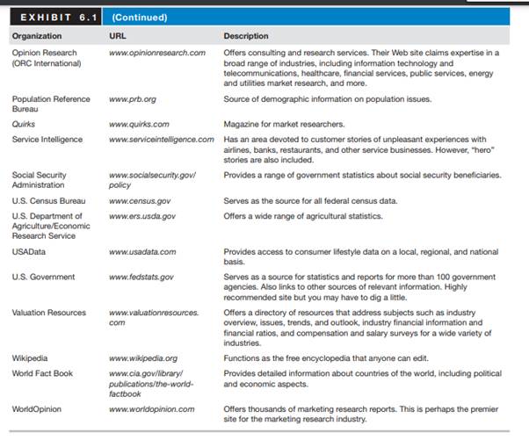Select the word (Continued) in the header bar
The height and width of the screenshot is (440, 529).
pyautogui.click(x=141, y=17)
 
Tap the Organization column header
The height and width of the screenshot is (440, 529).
pyautogui.click(x=37, y=36)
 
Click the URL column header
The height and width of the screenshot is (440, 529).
pyautogui.click(x=118, y=36)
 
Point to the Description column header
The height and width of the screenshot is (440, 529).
pyautogui.click(x=247, y=36)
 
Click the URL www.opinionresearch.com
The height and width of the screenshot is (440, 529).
pyautogui.click(x=156, y=53)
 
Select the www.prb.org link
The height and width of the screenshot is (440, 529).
pyautogui.click(x=133, y=99)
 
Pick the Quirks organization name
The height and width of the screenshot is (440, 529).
pyautogui.click(x=24, y=125)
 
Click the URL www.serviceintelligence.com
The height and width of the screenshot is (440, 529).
pyautogui.click(x=162, y=139)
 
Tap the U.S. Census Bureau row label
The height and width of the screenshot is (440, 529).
pyautogui.click(x=49, y=201)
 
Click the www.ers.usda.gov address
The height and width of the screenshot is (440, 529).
pyautogui.click(x=142, y=215)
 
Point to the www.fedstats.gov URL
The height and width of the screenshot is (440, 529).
pyautogui.click(x=141, y=277)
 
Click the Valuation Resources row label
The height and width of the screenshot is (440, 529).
pyautogui.click(x=49, y=313)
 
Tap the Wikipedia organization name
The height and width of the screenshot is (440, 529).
pyautogui.click(x=30, y=358)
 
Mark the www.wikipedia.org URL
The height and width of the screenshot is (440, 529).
pyautogui.click(x=143, y=358)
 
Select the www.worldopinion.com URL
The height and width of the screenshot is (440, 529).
pyautogui.click(x=149, y=409)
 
